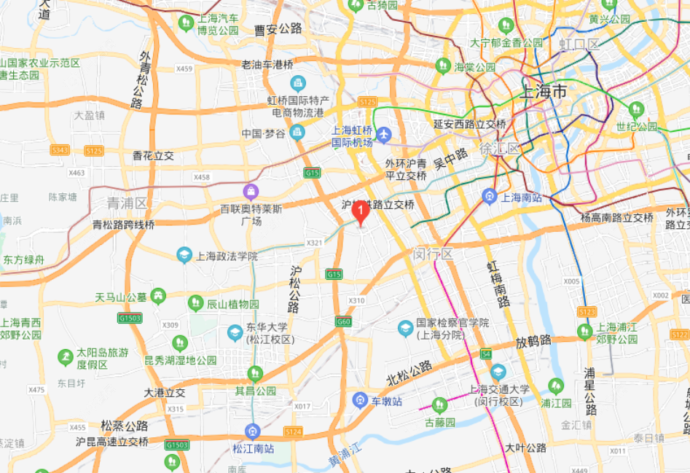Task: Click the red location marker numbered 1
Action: coord(360,212)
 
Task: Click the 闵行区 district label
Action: coord(433,254)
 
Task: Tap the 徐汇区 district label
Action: coord(499,148)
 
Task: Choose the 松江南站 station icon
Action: coord(252,430)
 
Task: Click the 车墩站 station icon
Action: coord(359,400)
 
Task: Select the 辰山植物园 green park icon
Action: coord(195,302)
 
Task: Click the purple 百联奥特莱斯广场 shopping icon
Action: coord(251,192)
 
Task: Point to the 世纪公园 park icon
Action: coord(636,110)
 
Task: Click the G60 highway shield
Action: coord(343,321)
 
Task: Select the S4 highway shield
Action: coord(486,354)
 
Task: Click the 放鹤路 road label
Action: coord(533,342)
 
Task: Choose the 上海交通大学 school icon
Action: coord(498,372)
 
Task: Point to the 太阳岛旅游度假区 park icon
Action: coord(66,357)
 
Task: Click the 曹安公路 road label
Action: coord(278,29)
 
